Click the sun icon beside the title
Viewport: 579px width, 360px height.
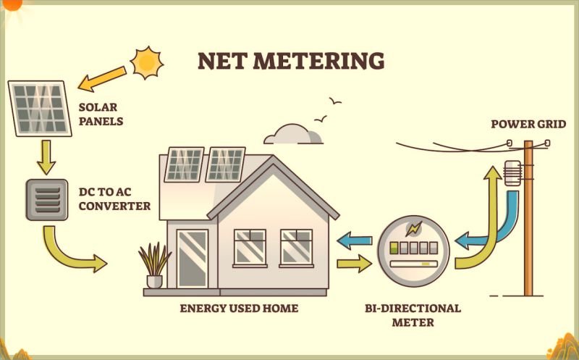tap(147, 62)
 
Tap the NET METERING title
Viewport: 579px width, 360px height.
tap(291, 61)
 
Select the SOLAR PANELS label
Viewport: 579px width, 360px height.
tap(101, 115)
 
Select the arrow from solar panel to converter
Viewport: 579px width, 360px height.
tap(46, 157)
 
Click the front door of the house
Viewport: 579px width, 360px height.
tap(192, 258)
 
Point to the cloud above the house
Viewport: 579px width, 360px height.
tap(293, 135)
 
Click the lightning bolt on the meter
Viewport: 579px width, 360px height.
tap(415, 229)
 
